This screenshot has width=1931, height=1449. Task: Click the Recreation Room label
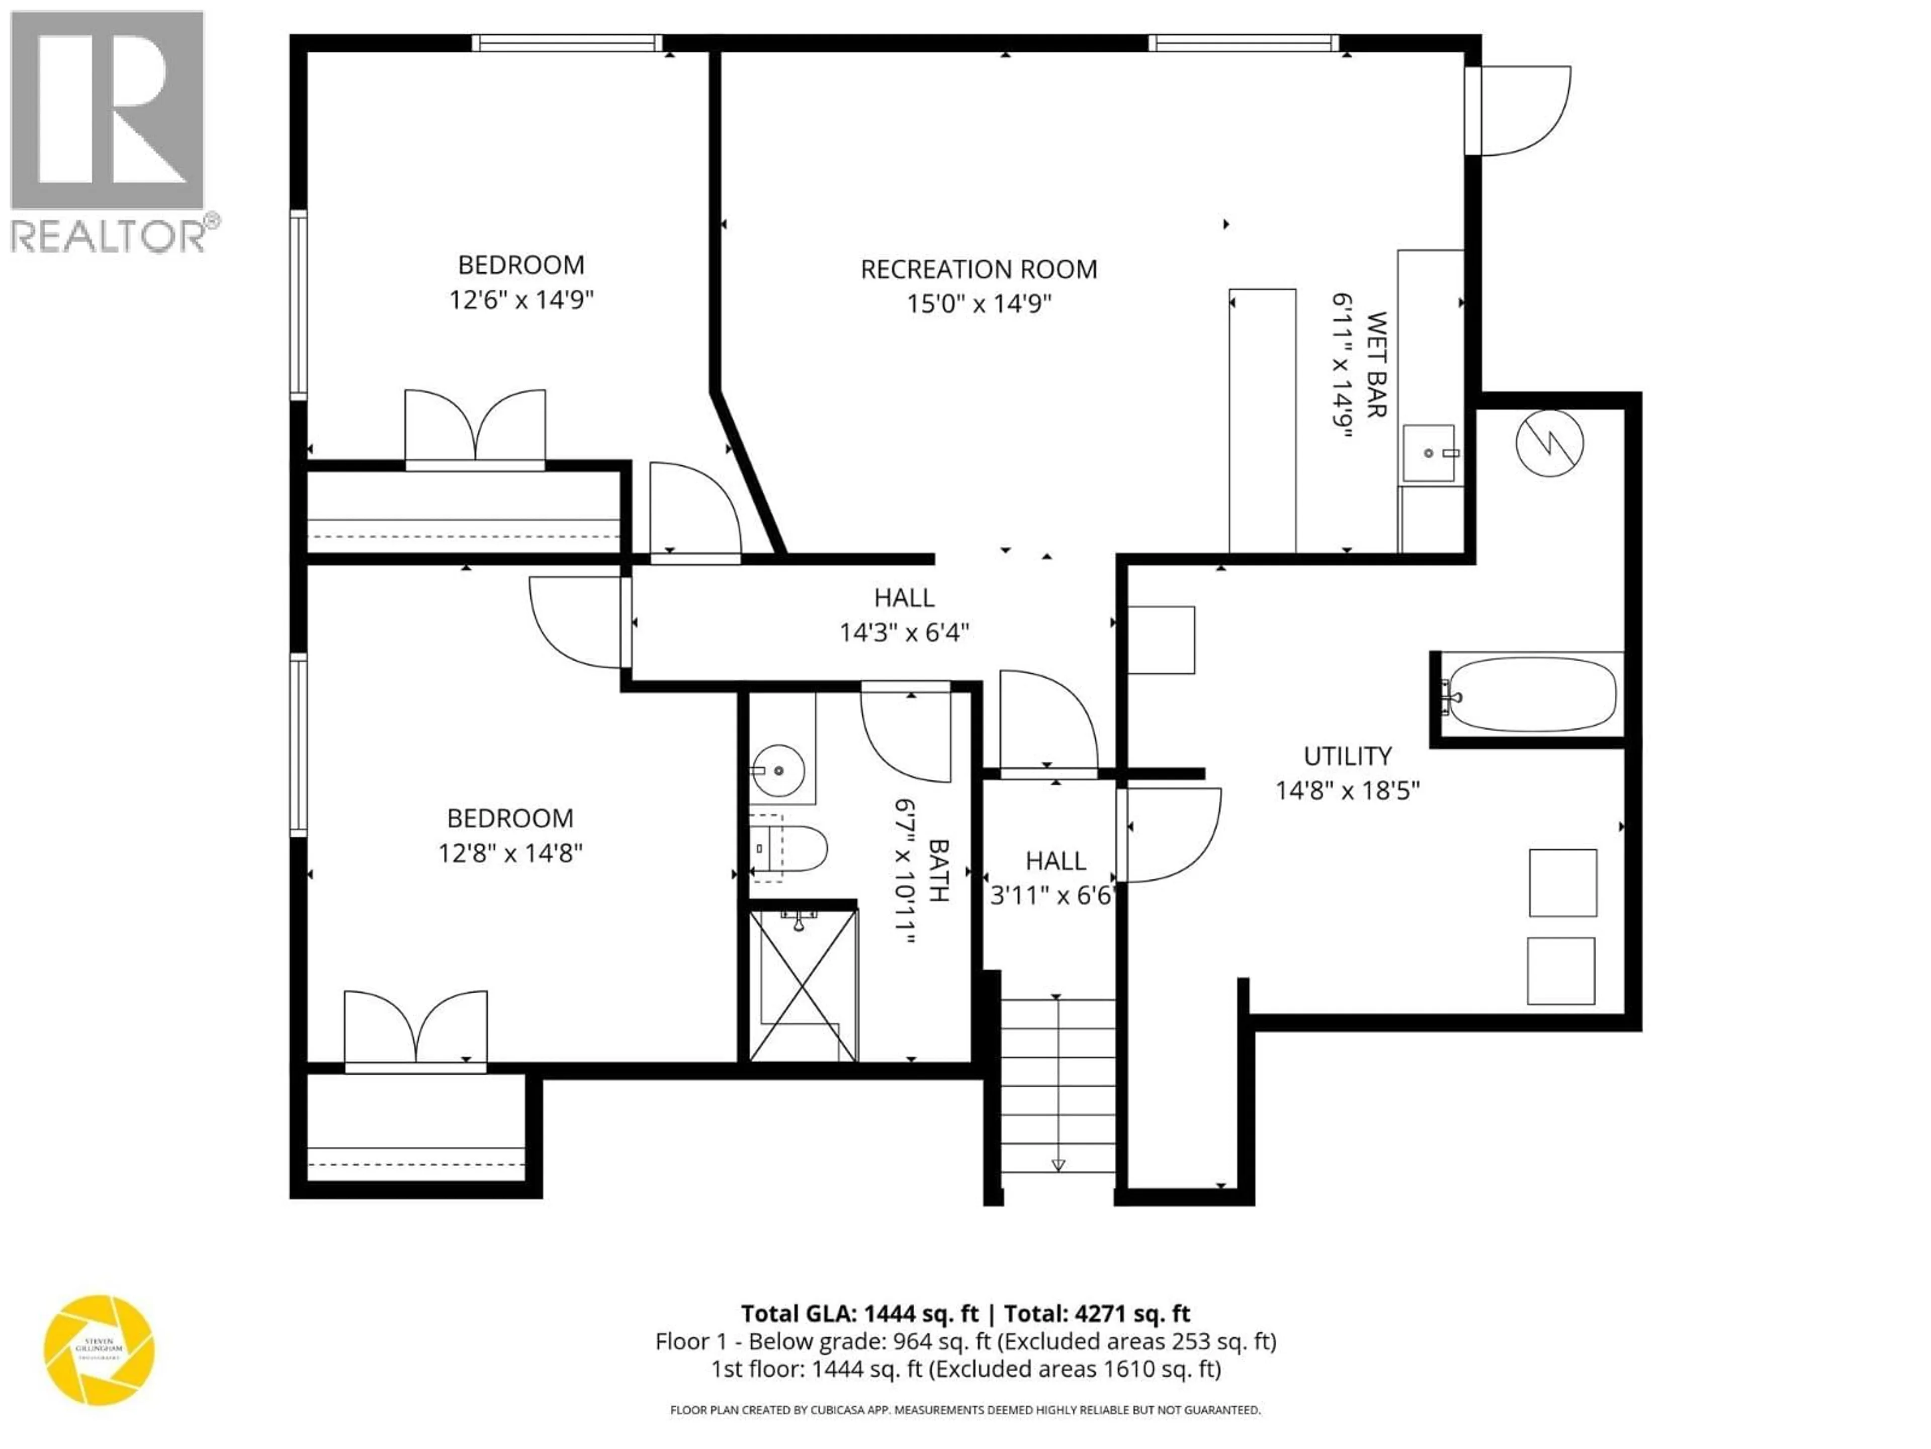tap(979, 269)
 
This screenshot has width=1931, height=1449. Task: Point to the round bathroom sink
tap(778, 770)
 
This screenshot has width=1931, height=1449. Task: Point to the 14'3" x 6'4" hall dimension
tap(904, 632)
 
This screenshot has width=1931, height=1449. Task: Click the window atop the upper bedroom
tap(567, 43)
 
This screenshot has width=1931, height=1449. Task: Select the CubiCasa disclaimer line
tap(964, 1410)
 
